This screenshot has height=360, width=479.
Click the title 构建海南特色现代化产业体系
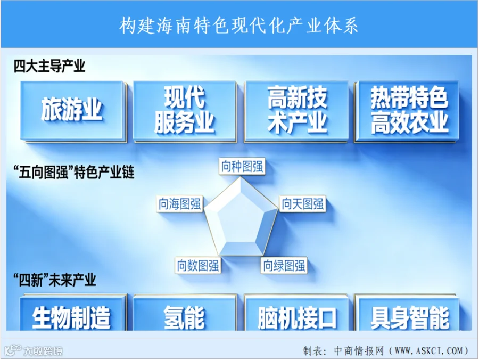[x=238, y=25]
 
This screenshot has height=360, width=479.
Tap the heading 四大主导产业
[x=49, y=66]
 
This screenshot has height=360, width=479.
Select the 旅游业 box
[x=73, y=111]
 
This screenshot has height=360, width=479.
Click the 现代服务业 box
[x=185, y=111]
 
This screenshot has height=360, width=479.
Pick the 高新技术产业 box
[x=296, y=111]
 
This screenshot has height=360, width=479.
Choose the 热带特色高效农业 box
[x=407, y=111]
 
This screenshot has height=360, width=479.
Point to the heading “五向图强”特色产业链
[x=74, y=172]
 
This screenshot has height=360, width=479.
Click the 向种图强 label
[x=242, y=166]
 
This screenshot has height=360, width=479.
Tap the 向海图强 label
[x=180, y=204]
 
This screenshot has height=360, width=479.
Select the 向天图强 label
[x=302, y=204]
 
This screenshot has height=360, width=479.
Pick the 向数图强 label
[x=198, y=265]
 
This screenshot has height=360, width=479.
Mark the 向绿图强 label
[x=284, y=265]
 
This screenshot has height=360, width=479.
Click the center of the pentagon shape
[x=241, y=218]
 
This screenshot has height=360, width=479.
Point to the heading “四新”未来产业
[x=55, y=280]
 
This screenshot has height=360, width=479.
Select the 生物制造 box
[x=73, y=312]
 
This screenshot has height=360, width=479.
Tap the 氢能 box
[x=185, y=312]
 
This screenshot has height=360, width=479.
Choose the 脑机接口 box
[x=296, y=312]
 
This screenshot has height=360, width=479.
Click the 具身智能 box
[x=407, y=312]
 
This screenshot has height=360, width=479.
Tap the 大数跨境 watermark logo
[x=34, y=350]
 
